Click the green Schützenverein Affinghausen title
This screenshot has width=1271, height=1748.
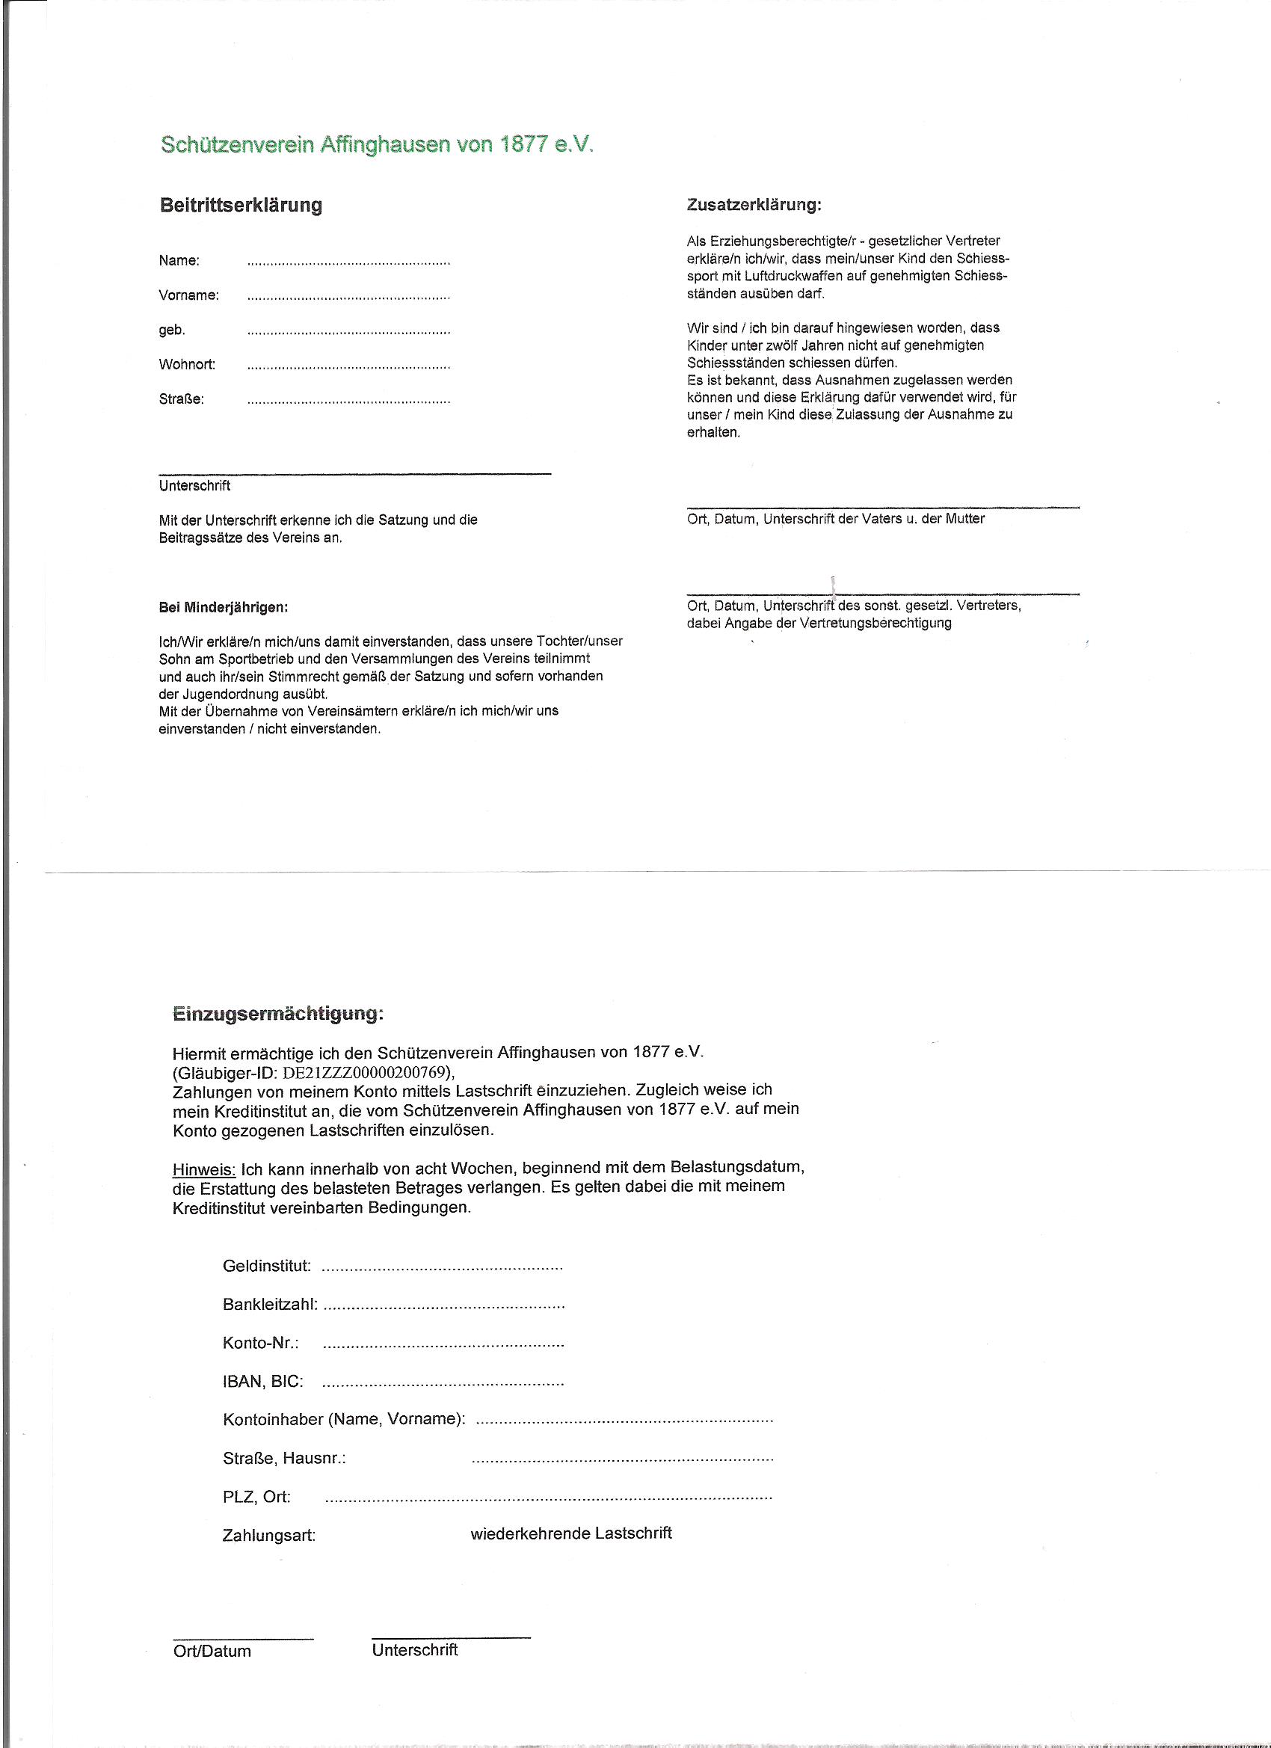pyautogui.click(x=378, y=146)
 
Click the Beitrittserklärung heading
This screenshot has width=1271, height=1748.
pyautogui.click(x=241, y=206)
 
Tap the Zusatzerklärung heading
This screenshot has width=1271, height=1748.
pyautogui.click(x=753, y=206)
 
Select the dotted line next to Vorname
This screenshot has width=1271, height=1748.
pyautogui.click(x=348, y=298)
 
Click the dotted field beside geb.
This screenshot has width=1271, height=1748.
pyautogui.click(x=348, y=333)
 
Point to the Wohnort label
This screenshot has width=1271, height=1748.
pyautogui.click(x=188, y=365)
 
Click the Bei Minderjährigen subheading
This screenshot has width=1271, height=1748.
pyautogui.click(x=224, y=607)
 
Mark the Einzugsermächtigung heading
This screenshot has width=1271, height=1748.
pyautogui.click(x=277, y=1015)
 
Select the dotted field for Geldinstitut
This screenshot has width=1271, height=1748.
pyautogui.click(x=442, y=1268)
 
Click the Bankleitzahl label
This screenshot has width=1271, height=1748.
pyautogui.click(x=271, y=1305)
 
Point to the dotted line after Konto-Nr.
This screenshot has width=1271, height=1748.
pyautogui.click(x=443, y=1344)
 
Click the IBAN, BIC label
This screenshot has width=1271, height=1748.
pyautogui.click(x=263, y=1382)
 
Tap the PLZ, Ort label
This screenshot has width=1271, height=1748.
pyautogui.click(x=256, y=1497)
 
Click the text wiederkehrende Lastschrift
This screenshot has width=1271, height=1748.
pyautogui.click(x=571, y=1533)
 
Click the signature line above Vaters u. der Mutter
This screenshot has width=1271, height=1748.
pyautogui.click(x=882, y=507)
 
